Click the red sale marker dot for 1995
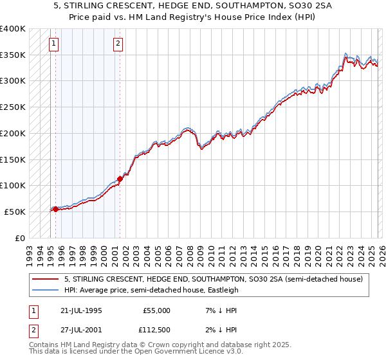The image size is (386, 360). pyautogui.click(x=55, y=209)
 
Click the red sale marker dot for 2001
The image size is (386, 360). pyautogui.click(x=120, y=179)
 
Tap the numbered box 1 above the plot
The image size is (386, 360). pyautogui.click(x=53, y=44)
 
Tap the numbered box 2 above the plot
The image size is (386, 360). pyautogui.click(x=118, y=44)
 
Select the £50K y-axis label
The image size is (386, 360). pyautogui.click(x=15, y=212)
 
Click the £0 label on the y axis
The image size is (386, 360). pyautogui.click(x=19, y=238)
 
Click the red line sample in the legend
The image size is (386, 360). pyautogui.click(x=46, y=280)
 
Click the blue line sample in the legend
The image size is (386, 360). pyautogui.click(x=46, y=290)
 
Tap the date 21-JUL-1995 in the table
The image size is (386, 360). pyautogui.click(x=80, y=310)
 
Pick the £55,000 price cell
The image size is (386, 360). pyautogui.click(x=156, y=310)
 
